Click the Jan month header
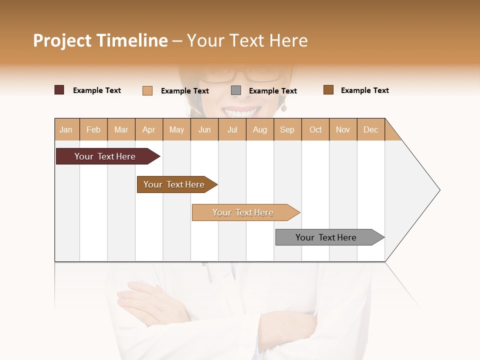coord(66,129)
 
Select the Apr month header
coord(148,129)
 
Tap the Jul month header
coord(232,129)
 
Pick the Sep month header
coord(287,129)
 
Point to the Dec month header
coord(370,129)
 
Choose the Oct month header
coord(315,129)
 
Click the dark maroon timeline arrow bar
coord(105,156)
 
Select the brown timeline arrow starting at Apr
coord(174,184)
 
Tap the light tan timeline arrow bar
coord(243,212)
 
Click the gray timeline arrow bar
coord(326,237)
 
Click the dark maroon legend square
coord(59,90)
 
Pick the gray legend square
coord(236,90)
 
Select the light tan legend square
coord(147,90)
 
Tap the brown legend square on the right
coord(328,90)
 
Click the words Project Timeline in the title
coord(100,40)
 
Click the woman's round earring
coord(283,108)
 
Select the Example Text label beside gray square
coord(272,91)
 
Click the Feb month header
coord(93,129)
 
